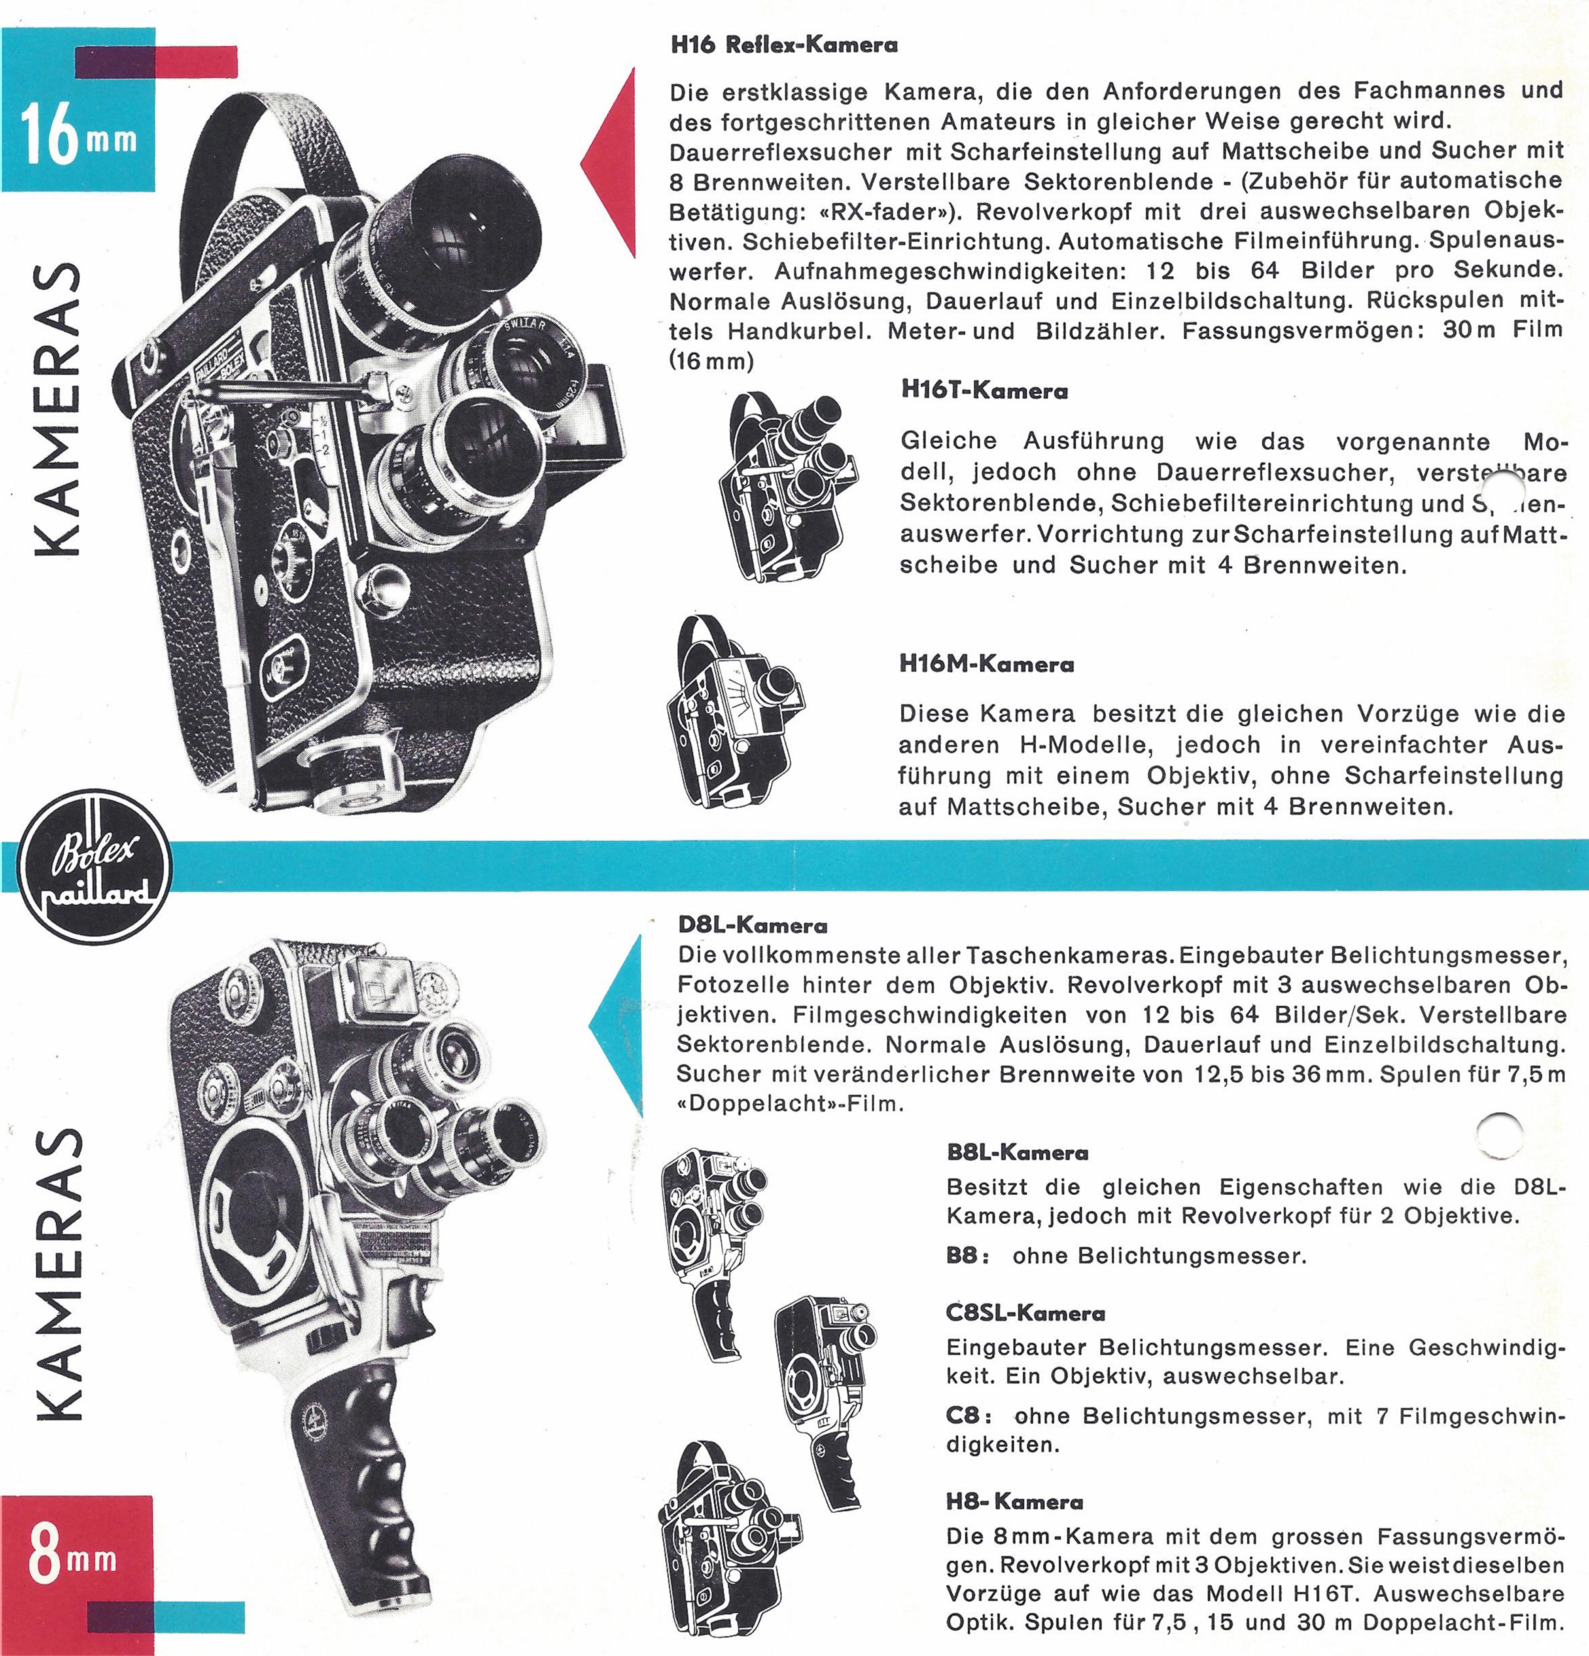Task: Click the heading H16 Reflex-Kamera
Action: pos(784,46)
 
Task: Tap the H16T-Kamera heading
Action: pos(984,391)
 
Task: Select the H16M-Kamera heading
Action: pos(986,664)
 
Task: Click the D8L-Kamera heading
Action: pos(753,925)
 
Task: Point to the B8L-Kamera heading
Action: pos(1017,1153)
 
